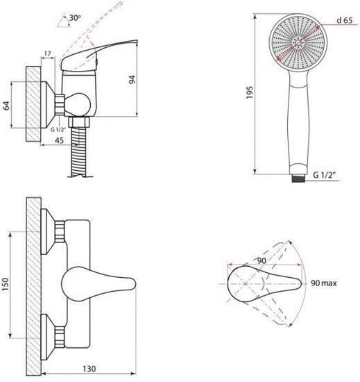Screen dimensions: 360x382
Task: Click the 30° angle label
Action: click(75, 18)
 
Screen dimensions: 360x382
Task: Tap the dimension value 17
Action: click(48, 53)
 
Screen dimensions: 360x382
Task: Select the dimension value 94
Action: click(132, 80)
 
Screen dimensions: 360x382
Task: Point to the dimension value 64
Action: click(6, 106)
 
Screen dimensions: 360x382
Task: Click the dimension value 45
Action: click(59, 140)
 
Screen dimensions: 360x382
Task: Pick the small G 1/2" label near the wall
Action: click(58, 130)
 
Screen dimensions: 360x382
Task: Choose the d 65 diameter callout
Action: click(345, 20)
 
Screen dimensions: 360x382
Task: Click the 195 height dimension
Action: click(250, 92)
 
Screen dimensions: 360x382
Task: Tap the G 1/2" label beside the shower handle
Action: click(324, 175)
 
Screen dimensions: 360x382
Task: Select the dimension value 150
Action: click(5, 284)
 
